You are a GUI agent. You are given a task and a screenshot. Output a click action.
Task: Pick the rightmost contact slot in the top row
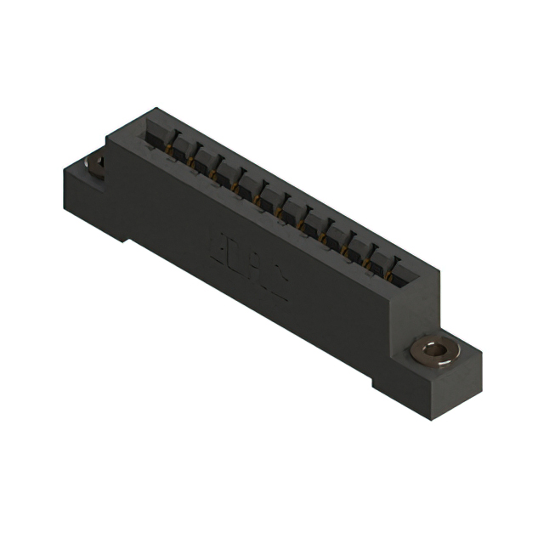(394, 277)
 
